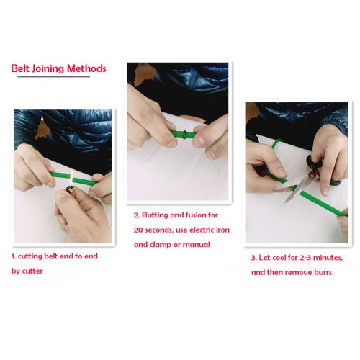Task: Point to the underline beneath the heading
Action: click(43, 78)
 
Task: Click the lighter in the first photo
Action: click(73, 192)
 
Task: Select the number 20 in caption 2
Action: click(141, 230)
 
